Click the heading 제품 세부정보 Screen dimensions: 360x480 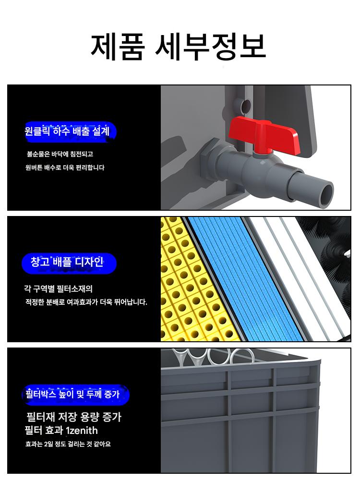pos(179,47)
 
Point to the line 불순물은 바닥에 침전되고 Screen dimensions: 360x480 pos(60,154)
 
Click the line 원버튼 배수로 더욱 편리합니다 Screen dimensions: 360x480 pos(65,168)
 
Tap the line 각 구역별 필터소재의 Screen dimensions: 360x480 pos(58,288)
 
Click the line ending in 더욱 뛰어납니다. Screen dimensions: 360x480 pos(86,302)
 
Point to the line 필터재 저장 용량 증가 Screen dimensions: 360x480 pos(74,417)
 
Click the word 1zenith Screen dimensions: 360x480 pos(82,431)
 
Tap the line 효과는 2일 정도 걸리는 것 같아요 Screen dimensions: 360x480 pos(68,444)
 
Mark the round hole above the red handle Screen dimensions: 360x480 pos(246,106)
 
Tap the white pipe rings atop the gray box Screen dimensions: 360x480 pos(211,357)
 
